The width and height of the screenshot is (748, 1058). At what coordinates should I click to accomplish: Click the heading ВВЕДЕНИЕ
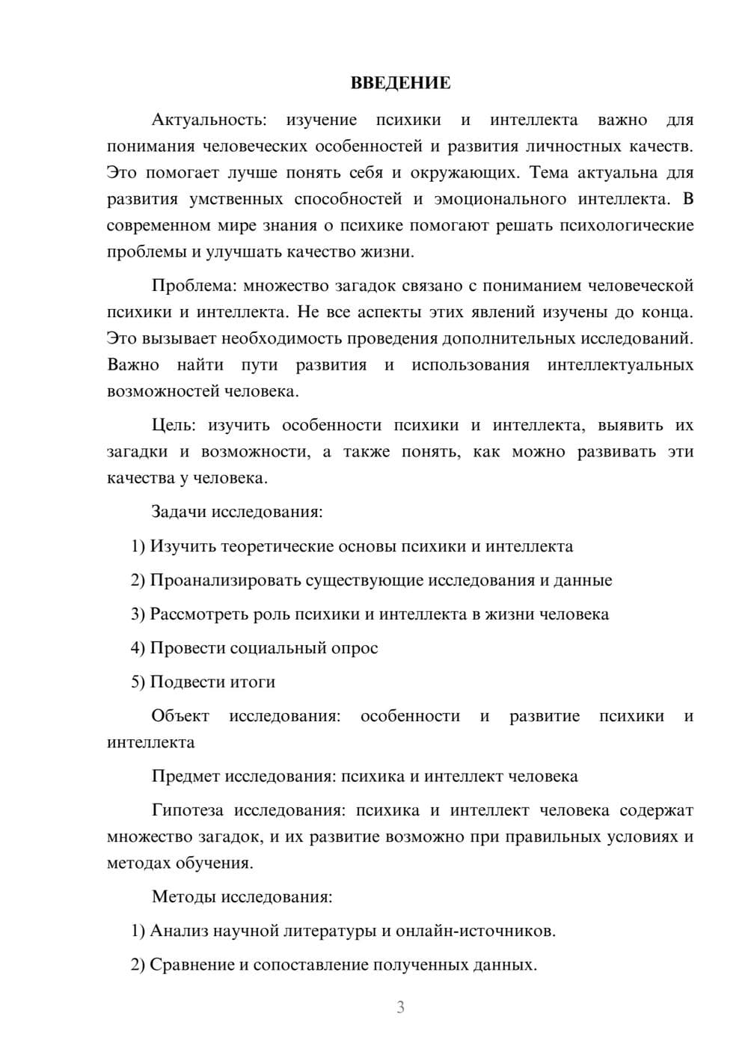[400, 83]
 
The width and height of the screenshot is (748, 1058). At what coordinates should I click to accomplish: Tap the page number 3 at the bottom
[400, 1007]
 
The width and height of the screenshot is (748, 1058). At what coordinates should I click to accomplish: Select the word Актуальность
[209, 120]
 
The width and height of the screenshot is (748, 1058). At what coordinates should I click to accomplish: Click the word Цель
[174, 425]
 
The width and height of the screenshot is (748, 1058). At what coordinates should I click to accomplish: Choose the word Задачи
[180, 512]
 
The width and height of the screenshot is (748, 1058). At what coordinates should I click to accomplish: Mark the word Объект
[180, 715]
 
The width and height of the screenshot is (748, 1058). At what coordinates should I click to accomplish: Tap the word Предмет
[186, 776]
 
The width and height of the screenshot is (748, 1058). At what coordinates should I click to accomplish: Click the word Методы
[184, 896]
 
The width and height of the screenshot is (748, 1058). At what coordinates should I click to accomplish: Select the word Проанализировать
[227, 580]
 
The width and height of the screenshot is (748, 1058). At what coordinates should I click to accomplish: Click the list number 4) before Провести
[138, 648]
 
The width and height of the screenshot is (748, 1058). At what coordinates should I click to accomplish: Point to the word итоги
[251, 682]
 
